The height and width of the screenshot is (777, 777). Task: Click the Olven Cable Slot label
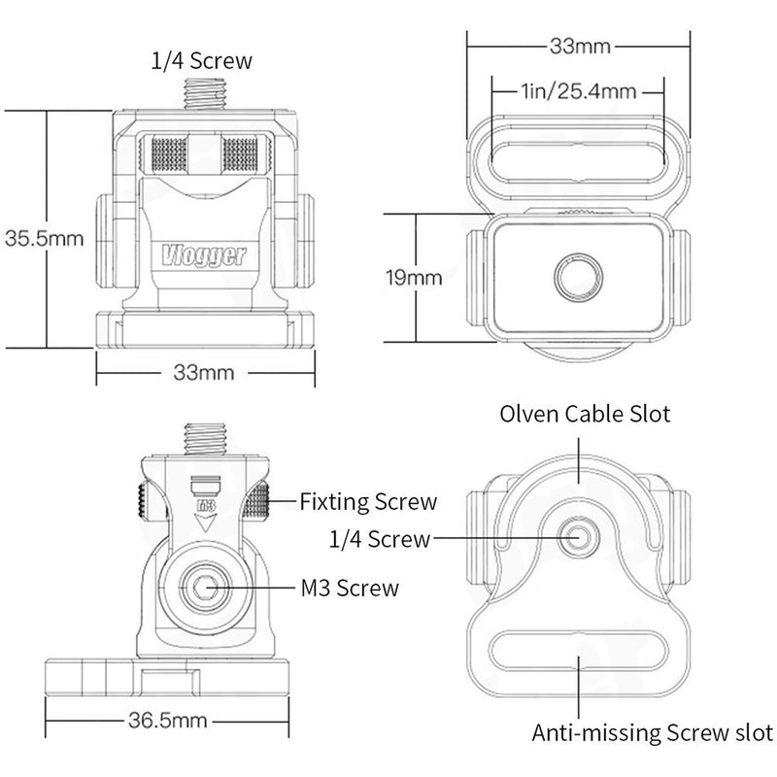click(585, 415)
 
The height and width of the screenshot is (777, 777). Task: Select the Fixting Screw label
click(367, 502)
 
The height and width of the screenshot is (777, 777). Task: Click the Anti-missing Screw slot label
click(653, 732)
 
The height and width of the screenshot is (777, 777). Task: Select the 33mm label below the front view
click(206, 372)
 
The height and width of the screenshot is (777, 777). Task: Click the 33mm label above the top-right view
click(578, 46)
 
